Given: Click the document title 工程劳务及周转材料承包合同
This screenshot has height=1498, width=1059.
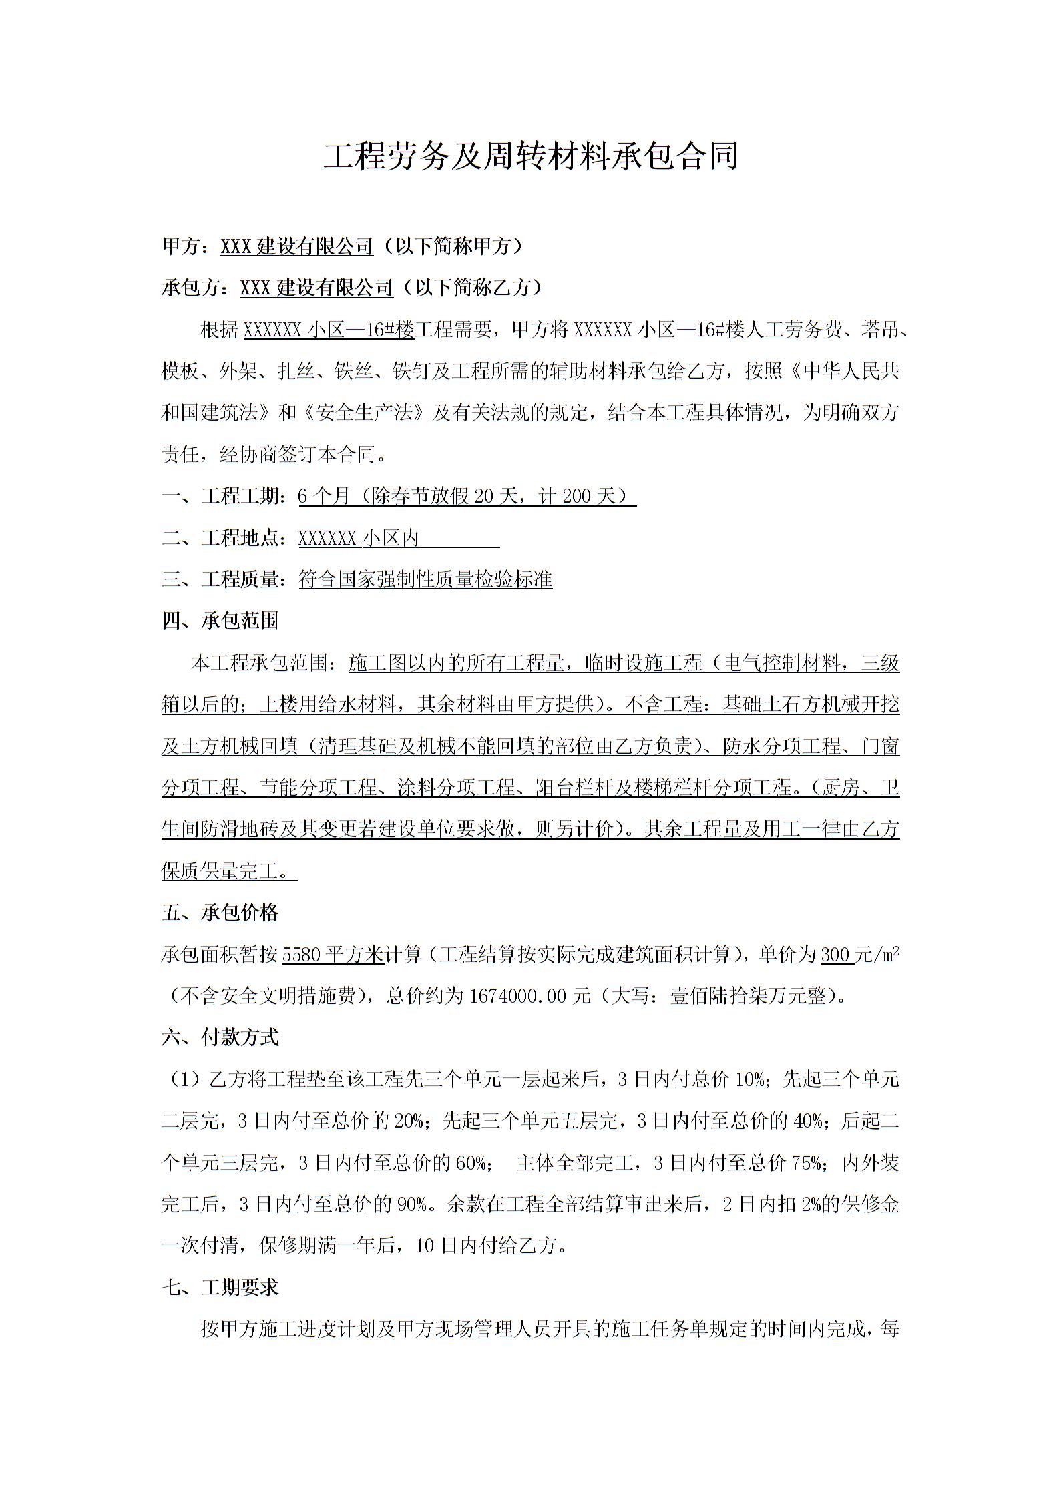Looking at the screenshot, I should (x=530, y=156).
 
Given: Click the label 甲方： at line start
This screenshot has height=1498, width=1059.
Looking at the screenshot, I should (x=190, y=246).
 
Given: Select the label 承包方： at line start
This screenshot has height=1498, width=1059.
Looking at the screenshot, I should (x=200, y=288).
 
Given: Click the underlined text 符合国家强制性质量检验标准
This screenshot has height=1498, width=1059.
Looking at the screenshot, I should (x=425, y=579).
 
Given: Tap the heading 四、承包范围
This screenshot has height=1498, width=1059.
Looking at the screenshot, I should (x=220, y=621).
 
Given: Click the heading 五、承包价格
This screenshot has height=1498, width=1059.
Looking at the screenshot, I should (x=220, y=913).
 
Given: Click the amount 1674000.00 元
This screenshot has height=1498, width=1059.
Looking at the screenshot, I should (x=530, y=996).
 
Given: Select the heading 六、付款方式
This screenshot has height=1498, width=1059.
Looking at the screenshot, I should (x=220, y=1037).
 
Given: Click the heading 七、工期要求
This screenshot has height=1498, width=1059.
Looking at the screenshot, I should (x=220, y=1288).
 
